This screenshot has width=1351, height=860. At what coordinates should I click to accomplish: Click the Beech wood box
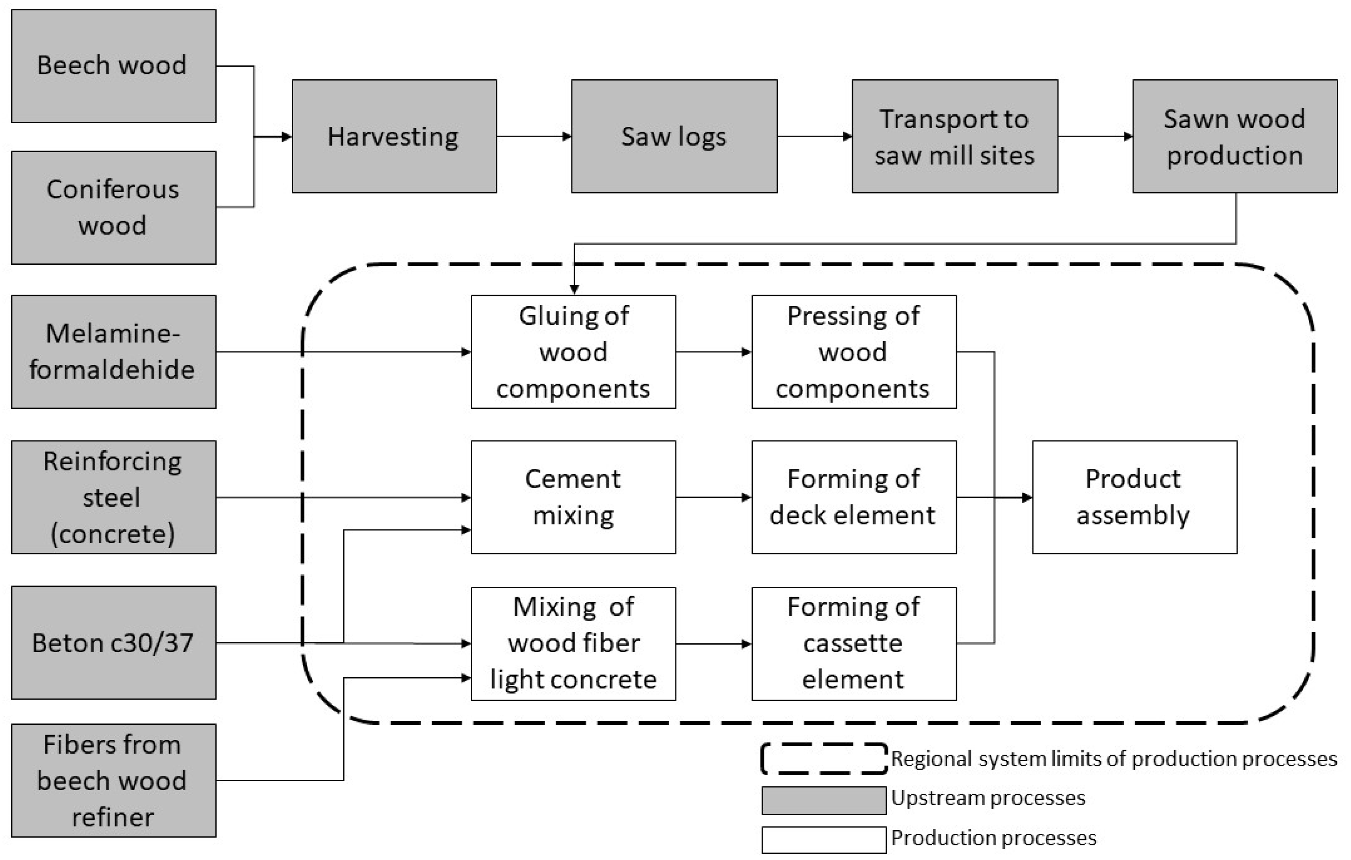(x=113, y=66)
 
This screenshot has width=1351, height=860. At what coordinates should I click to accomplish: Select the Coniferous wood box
(x=113, y=207)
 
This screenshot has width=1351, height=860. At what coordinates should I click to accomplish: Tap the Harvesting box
(x=394, y=137)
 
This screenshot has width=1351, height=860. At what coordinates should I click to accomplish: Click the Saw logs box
(x=674, y=137)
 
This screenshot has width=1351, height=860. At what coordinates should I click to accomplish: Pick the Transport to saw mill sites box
(x=954, y=137)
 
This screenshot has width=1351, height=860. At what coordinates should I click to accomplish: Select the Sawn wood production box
(x=1234, y=137)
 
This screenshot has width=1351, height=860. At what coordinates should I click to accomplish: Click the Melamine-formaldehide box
(x=113, y=352)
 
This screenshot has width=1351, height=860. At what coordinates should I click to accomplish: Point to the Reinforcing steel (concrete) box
(x=113, y=497)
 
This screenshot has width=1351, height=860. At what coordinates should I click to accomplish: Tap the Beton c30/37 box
(x=113, y=643)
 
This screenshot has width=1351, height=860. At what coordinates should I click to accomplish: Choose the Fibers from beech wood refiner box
(x=113, y=780)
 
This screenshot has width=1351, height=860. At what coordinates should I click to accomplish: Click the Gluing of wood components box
(x=573, y=352)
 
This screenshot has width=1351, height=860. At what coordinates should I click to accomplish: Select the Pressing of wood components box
(x=853, y=352)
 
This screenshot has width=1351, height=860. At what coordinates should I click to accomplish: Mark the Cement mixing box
(x=573, y=497)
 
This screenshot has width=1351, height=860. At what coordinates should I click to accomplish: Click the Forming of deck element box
(x=853, y=497)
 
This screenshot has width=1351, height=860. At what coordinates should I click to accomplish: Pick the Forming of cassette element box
(x=853, y=643)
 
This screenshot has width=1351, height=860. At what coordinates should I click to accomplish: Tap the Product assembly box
(x=1134, y=497)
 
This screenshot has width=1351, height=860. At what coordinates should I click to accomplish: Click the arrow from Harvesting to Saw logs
(x=534, y=137)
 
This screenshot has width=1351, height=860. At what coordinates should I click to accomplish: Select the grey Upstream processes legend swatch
(x=824, y=800)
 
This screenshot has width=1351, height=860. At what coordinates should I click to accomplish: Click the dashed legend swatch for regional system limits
(x=824, y=759)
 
